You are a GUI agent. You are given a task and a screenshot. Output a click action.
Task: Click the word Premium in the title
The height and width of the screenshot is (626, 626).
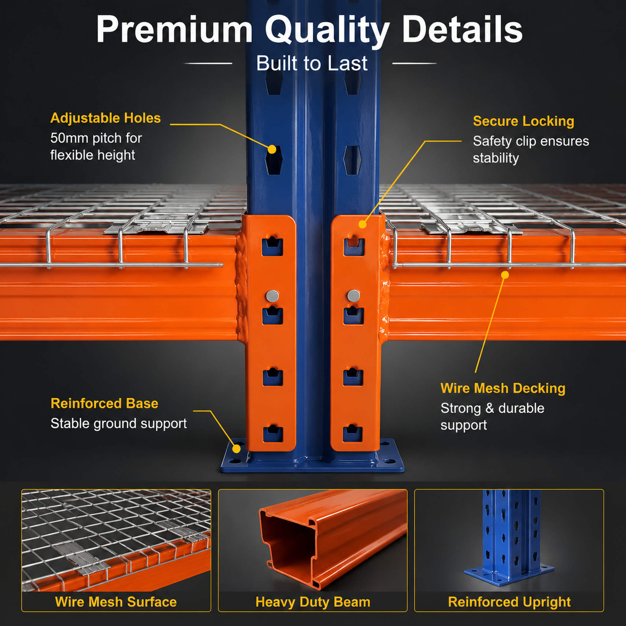coord(174,30)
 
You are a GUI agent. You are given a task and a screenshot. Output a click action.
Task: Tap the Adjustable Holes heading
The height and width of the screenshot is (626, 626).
coord(105,118)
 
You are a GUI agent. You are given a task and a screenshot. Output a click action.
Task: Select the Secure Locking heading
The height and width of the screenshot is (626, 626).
coord(523,121)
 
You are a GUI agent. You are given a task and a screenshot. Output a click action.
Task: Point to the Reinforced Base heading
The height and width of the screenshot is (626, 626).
coord(104,403)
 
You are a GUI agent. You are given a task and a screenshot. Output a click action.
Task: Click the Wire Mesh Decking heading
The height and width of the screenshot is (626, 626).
coord(503,388)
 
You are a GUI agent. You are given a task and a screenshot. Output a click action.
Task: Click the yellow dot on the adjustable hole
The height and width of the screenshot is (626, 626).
coord(272,149)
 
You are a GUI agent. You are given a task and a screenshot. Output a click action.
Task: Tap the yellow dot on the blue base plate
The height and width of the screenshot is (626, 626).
coord(237,449)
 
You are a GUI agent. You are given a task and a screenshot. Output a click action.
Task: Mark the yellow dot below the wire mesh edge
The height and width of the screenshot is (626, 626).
coord(505,275)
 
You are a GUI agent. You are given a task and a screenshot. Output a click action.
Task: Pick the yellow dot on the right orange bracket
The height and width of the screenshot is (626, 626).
coord(363,224)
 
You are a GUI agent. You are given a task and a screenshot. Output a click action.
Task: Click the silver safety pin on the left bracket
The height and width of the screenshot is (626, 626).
coord(272,296)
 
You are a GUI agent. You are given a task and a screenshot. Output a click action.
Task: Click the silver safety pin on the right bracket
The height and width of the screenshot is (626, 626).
coord(354,296)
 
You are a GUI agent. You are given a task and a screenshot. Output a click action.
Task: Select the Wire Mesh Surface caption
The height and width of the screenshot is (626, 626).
coord(116,602)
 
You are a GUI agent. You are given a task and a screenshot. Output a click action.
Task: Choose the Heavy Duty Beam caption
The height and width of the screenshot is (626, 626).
coord(313,602)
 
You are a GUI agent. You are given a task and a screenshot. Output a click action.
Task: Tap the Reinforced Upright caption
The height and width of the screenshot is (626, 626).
coord(509,602)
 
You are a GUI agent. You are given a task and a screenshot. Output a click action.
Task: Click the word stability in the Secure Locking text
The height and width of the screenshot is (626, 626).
coord(496,158)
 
